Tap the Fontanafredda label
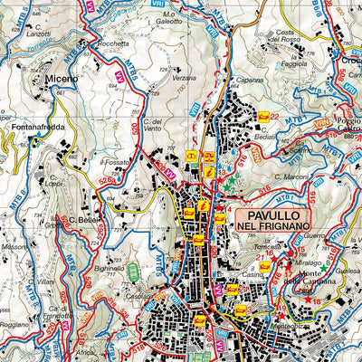tap(36, 128)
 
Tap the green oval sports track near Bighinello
tap(133, 269)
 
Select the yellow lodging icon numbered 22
tap(263, 116)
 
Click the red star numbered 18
tap(308, 300)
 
